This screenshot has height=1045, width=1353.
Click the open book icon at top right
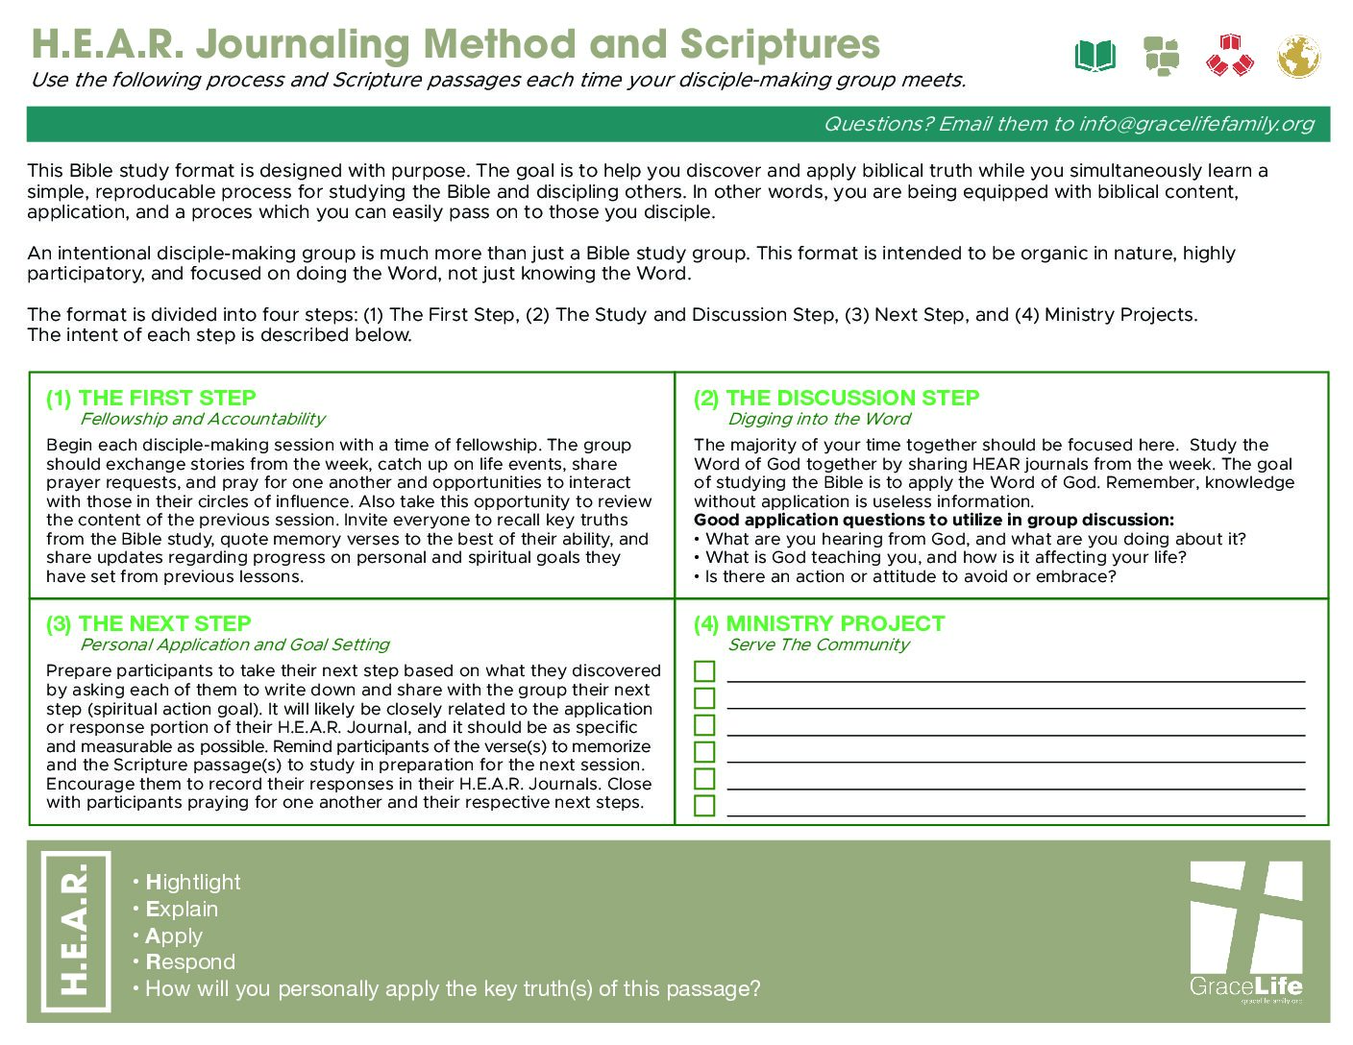1095,56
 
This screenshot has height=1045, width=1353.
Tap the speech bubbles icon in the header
1162,56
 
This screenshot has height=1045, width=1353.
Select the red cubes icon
1230,56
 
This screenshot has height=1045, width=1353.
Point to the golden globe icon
1298,56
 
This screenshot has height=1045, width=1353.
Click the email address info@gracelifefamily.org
1195,124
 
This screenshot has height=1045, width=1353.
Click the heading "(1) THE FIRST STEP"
151,398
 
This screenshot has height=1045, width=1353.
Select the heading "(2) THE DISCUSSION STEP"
836,398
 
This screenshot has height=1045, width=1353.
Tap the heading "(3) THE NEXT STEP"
149,623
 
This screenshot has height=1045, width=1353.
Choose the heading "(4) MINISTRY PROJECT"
819,623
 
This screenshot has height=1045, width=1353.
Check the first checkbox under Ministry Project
704,670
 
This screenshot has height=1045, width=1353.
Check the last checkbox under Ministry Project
704,805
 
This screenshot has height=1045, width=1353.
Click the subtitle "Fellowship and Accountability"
203,419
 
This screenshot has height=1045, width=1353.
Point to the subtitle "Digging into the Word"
819,419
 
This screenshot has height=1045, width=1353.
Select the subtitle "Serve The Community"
818,644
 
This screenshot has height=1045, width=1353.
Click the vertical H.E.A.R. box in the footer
76,931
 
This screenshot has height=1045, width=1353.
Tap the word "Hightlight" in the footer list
193,882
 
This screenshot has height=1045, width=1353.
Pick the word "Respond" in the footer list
190,961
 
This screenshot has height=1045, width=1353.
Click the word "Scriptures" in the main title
780,44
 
